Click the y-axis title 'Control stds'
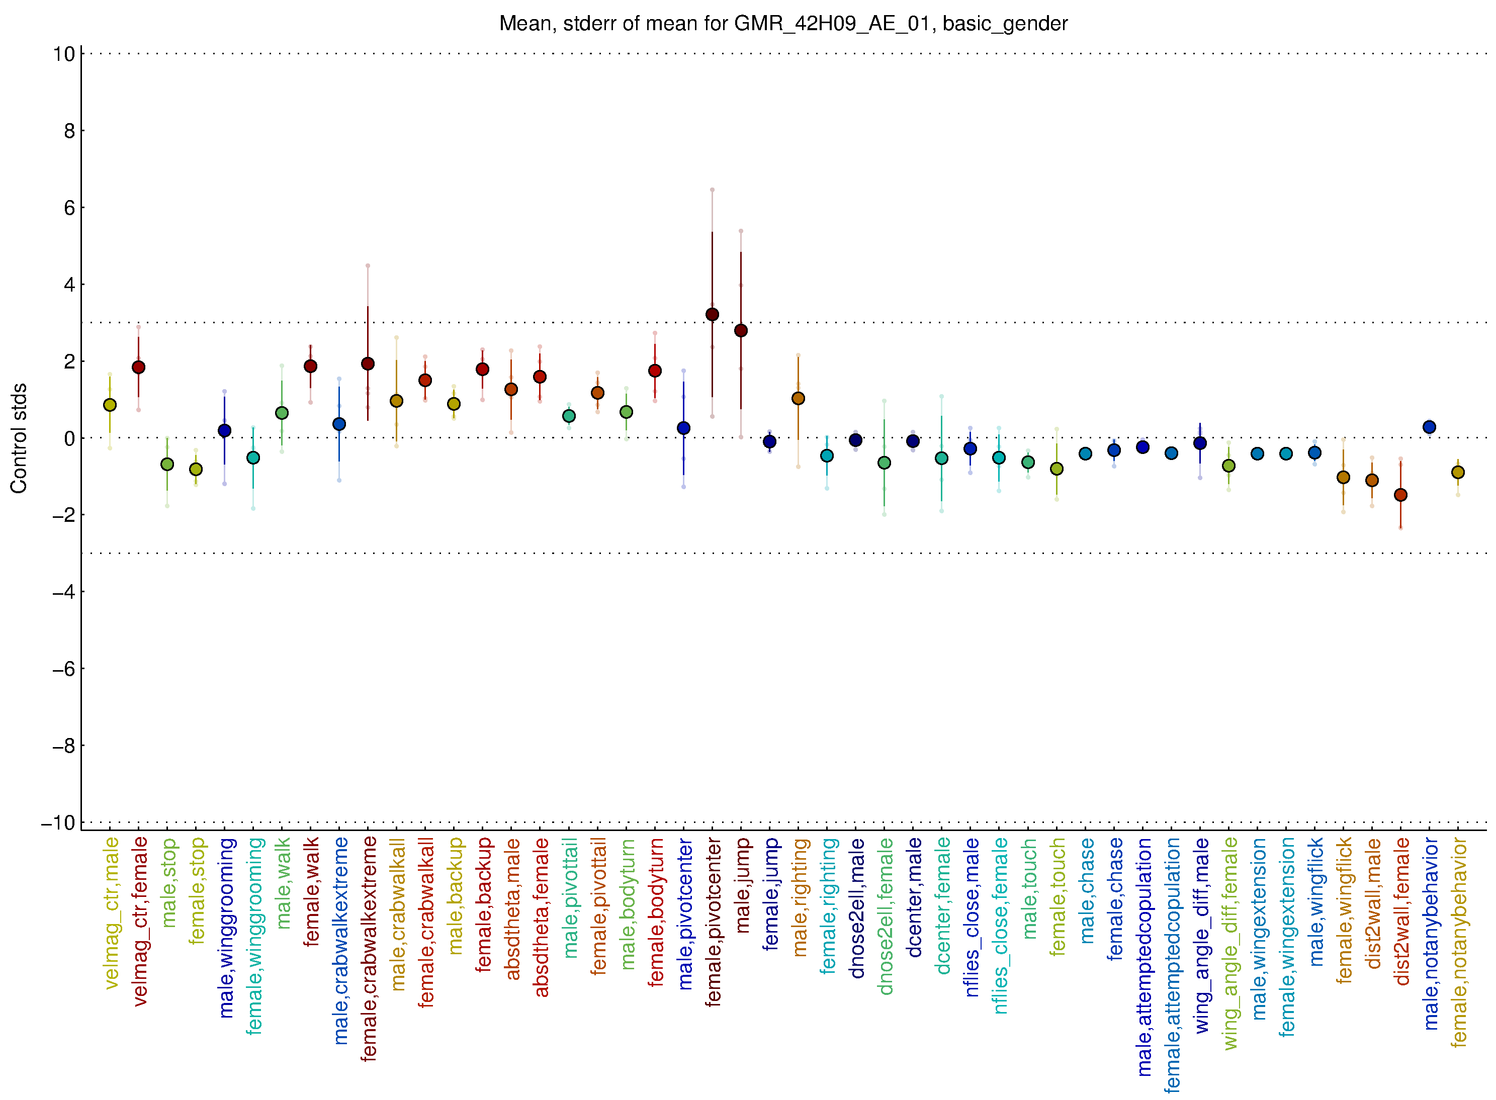(x=19, y=438)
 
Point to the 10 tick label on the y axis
(x=64, y=54)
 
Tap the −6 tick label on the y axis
(x=64, y=669)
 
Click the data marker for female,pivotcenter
(x=712, y=314)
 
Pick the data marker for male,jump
(x=741, y=330)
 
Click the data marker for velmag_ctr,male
(x=110, y=405)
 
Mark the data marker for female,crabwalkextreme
(x=368, y=363)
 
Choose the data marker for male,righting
(x=798, y=398)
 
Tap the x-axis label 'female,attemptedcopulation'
(x=1172, y=965)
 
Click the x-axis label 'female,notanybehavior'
(x=1459, y=942)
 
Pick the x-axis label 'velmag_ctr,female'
(x=140, y=922)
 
